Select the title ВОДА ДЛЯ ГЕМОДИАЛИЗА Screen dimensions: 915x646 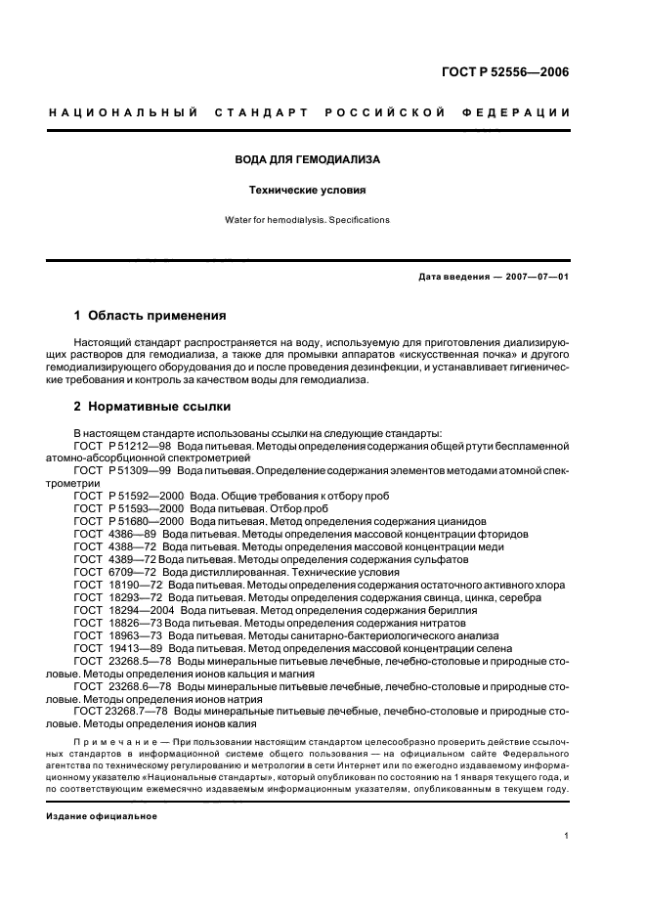click(x=308, y=158)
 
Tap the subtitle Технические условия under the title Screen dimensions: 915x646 click(x=308, y=191)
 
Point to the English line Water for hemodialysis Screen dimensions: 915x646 click(x=308, y=220)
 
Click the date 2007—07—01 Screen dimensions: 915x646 click(x=532, y=277)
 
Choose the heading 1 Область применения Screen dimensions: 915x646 click(x=151, y=316)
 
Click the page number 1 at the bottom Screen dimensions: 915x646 click(x=566, y=836)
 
